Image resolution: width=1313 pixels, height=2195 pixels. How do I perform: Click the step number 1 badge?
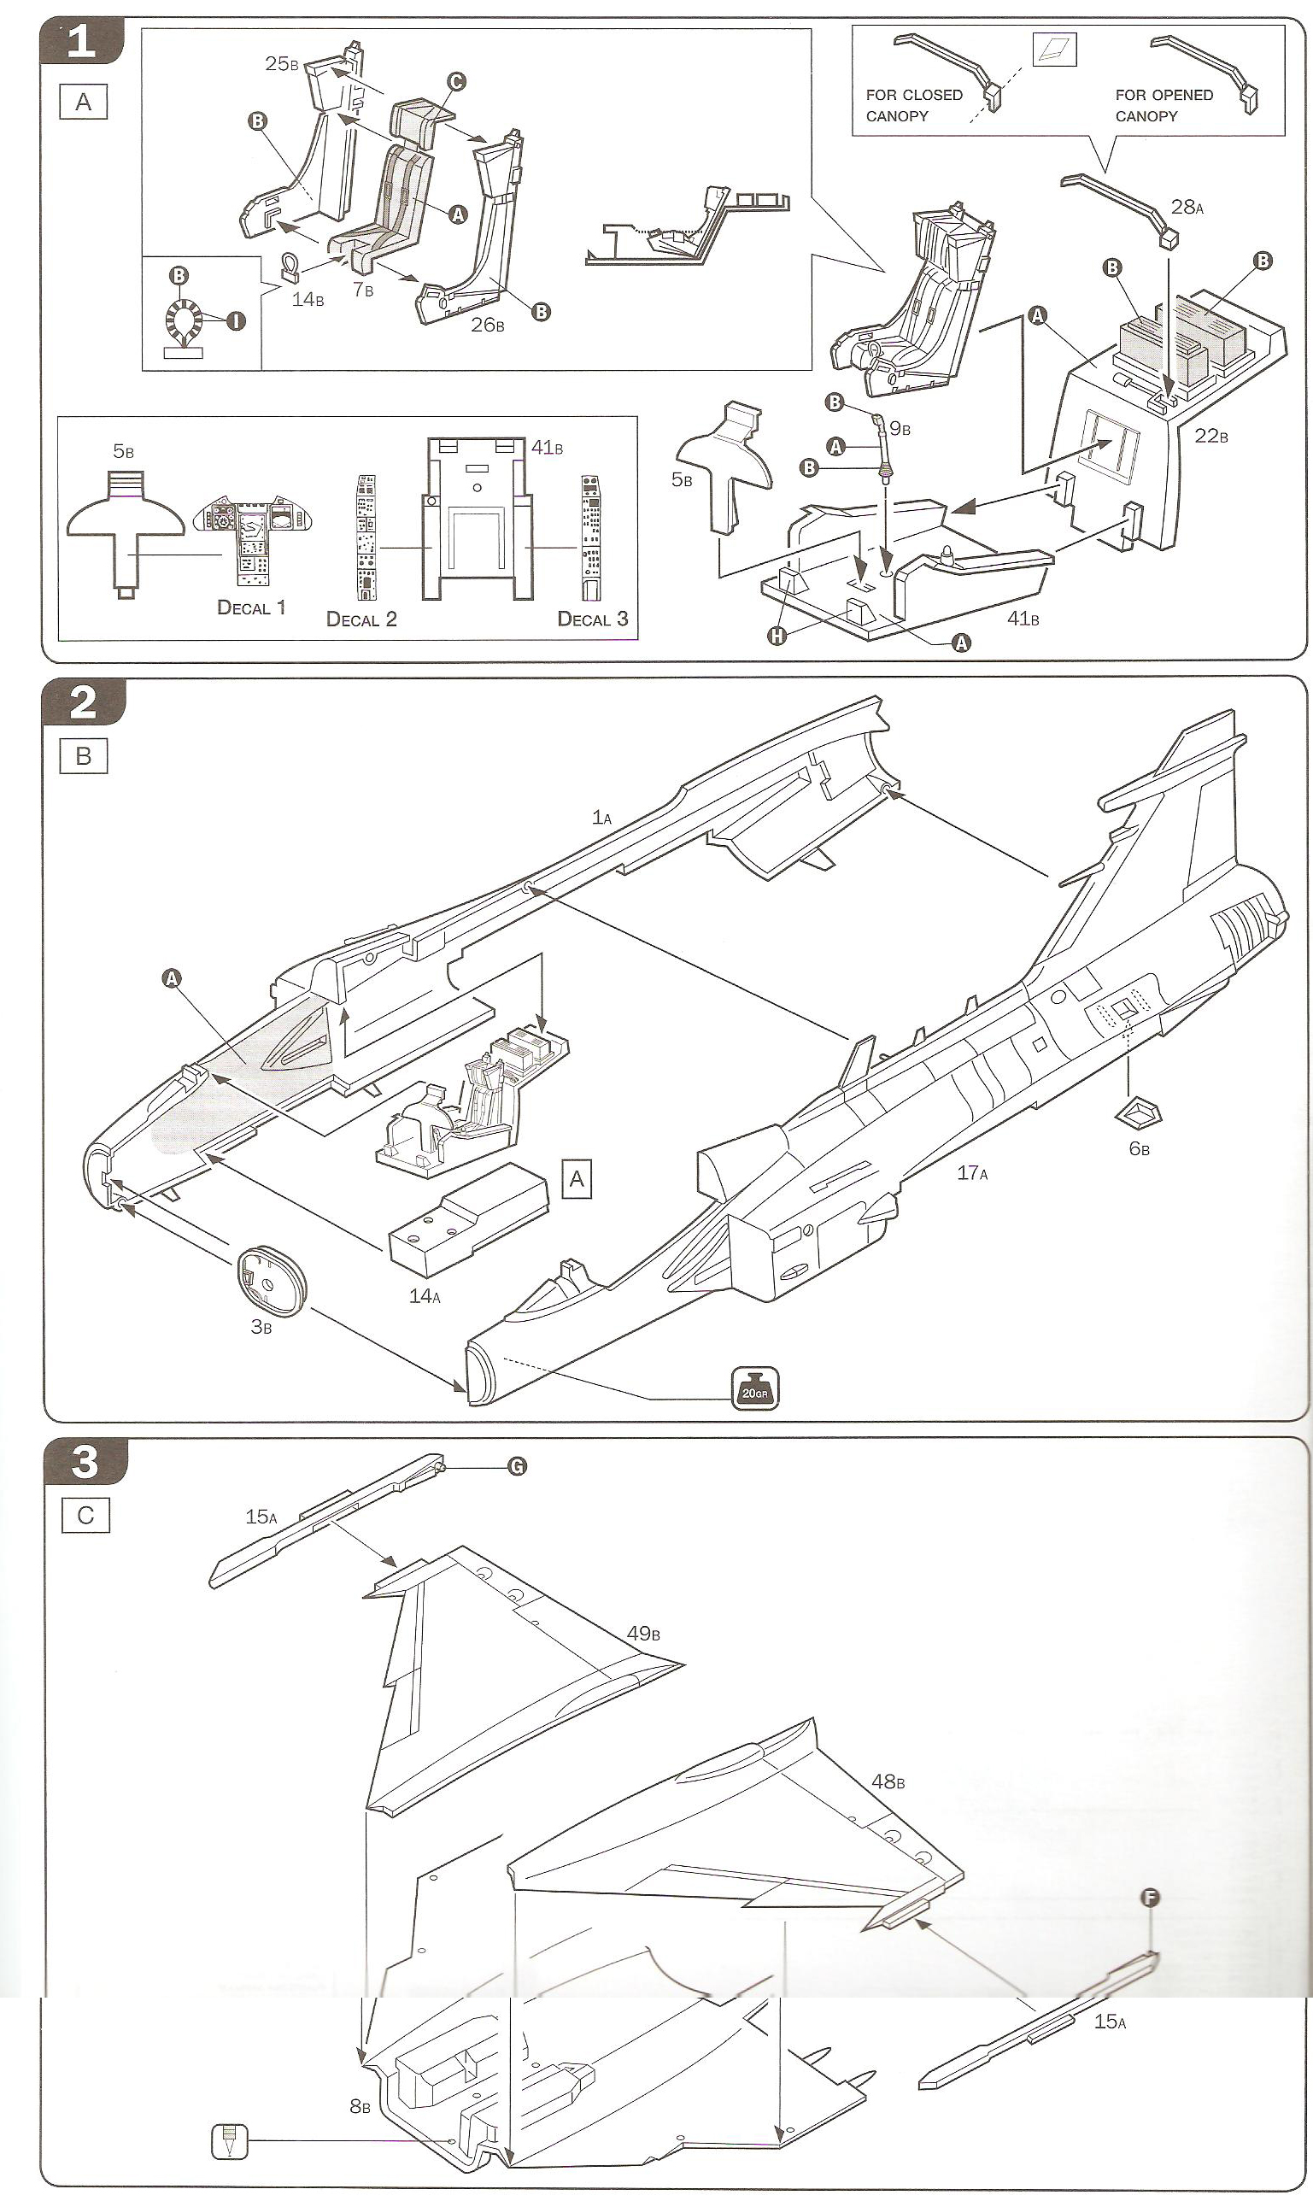[x=81, y=41]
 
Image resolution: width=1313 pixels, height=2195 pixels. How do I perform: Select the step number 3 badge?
[x=84, y=1460]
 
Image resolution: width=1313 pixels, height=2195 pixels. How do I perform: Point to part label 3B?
[x=261, y=1326]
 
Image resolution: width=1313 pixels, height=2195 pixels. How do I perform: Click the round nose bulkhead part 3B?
[x=271, y=1277]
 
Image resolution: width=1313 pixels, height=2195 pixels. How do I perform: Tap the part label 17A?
[x=972, y=1172]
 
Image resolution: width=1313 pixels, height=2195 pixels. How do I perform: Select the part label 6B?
[x=1139, y=1149]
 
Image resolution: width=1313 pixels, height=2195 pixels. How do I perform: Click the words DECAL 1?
[x=251, y=607]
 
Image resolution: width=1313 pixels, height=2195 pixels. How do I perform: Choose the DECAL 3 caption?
[x=592, y=619]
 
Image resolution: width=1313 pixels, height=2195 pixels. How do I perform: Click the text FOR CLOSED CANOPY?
[x=913, y=105]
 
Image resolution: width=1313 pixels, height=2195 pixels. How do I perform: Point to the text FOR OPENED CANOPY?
[x=1164, y=105]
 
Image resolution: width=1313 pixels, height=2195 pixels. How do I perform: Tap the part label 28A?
[x=1187, y=207]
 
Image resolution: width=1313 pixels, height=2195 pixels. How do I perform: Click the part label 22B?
[x=1210, y=435]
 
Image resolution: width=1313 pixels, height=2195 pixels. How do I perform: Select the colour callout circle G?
[x=517, y=1466]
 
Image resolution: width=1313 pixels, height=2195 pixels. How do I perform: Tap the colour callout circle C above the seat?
[x=454, y=81]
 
